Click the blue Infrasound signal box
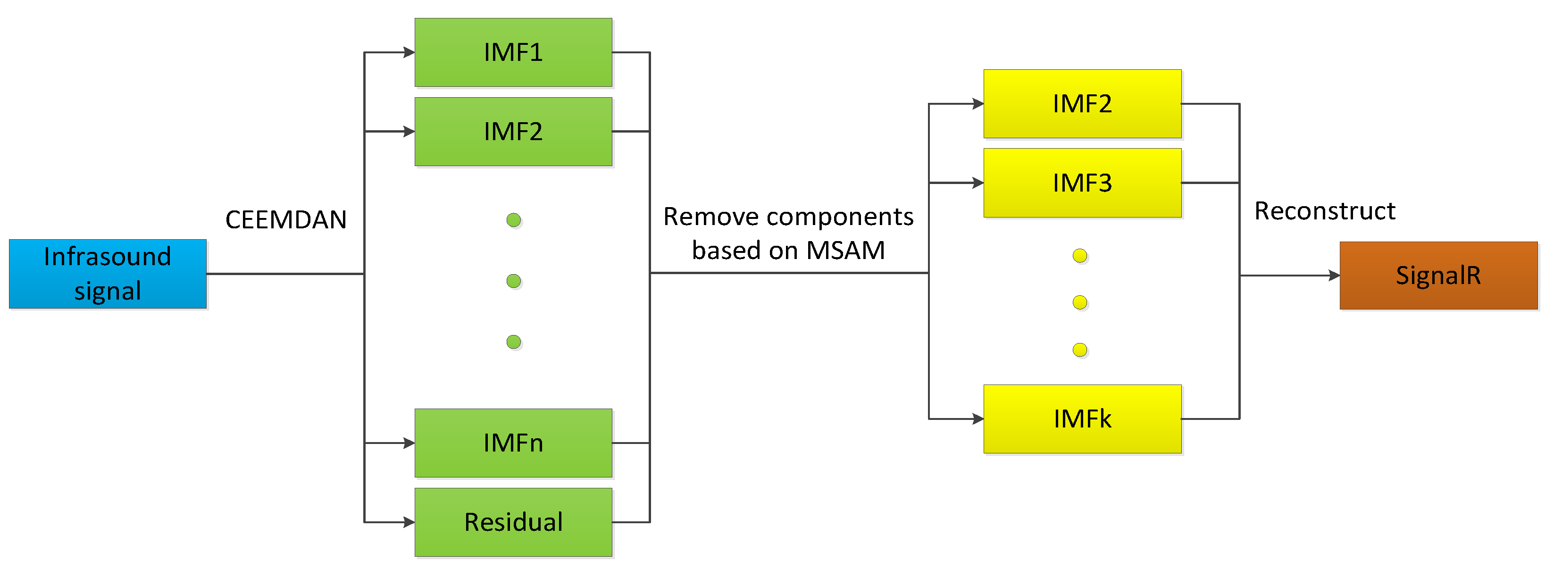click(108, 274)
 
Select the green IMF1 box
click(513, 52)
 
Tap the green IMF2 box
click(513, 132)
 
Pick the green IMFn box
click(513, 443)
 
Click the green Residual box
click(513, 522)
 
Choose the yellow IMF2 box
click(1082, 104)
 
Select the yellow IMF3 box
click(1082, 183)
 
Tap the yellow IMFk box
click(1082, 419)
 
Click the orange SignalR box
click(1438, 276)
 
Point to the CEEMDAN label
click(286, 220)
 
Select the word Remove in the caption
click(702, 217)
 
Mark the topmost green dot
click(513, 220)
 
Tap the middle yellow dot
click(1080, 302)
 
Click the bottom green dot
click(513, 342)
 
